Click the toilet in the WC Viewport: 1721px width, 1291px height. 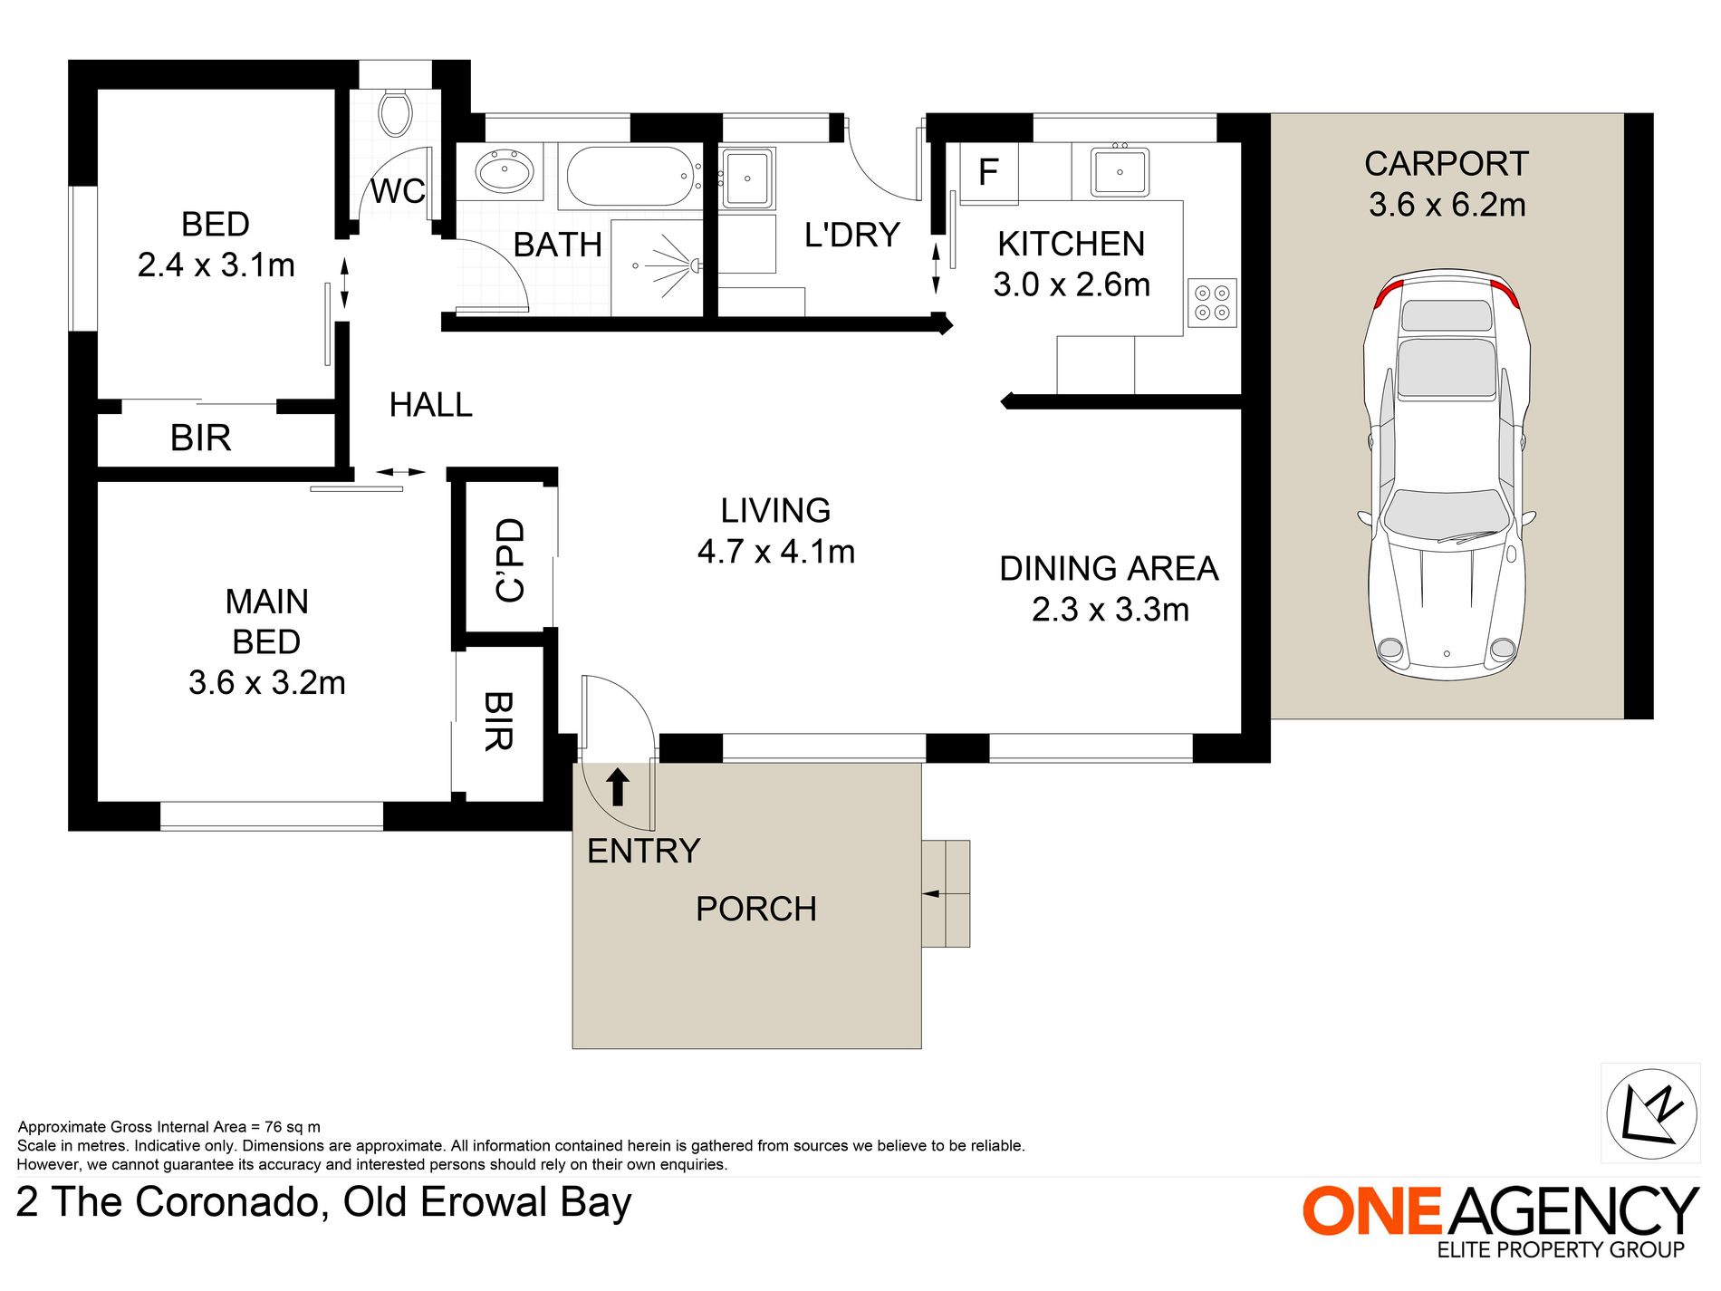point(395,113)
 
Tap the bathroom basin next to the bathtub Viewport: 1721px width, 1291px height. point(505,171)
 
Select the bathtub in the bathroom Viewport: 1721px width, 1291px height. point(631,177)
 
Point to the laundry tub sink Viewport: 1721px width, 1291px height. point(747,178)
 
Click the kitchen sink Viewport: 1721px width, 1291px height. point(1120,170)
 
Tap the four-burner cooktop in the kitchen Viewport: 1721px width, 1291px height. point(1212,303)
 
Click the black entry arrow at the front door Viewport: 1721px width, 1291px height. point(618,787)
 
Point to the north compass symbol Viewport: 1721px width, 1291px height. point(1650,1113)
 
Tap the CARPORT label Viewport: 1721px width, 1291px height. point(1447,164)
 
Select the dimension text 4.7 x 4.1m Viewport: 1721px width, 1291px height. point(776,551)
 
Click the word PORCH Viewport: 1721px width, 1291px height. point(756,909)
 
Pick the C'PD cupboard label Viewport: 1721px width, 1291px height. point(510,560)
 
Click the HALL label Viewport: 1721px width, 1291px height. point(431,405)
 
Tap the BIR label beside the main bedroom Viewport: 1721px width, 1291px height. point(499,721)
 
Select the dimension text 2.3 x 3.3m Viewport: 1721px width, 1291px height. point(1110,610)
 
